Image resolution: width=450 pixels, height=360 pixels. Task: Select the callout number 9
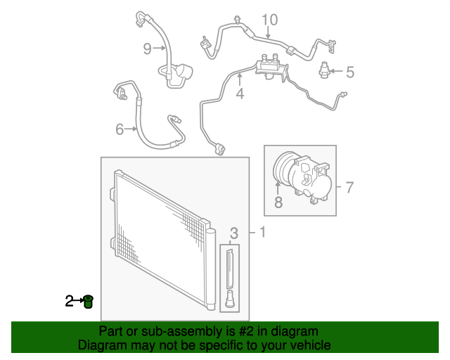[148, 48]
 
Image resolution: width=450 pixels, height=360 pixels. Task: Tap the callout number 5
[349, 71]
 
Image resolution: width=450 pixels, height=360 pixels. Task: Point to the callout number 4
[240, 93]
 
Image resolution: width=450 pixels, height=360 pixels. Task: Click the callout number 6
[120, 129]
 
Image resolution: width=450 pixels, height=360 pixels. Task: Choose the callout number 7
[349, 187]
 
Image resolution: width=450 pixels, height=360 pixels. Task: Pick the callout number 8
[278, 204]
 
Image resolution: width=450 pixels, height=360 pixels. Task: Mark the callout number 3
[234, 233]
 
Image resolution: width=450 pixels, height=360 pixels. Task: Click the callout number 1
[262, 233]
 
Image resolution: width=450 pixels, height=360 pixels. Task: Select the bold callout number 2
[70, 302]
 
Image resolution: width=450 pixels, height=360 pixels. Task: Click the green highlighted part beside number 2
[88, 302]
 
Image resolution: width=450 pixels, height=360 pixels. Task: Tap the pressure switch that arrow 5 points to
[324, 69]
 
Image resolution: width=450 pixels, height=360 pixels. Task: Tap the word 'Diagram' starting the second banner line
[100, 345]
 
